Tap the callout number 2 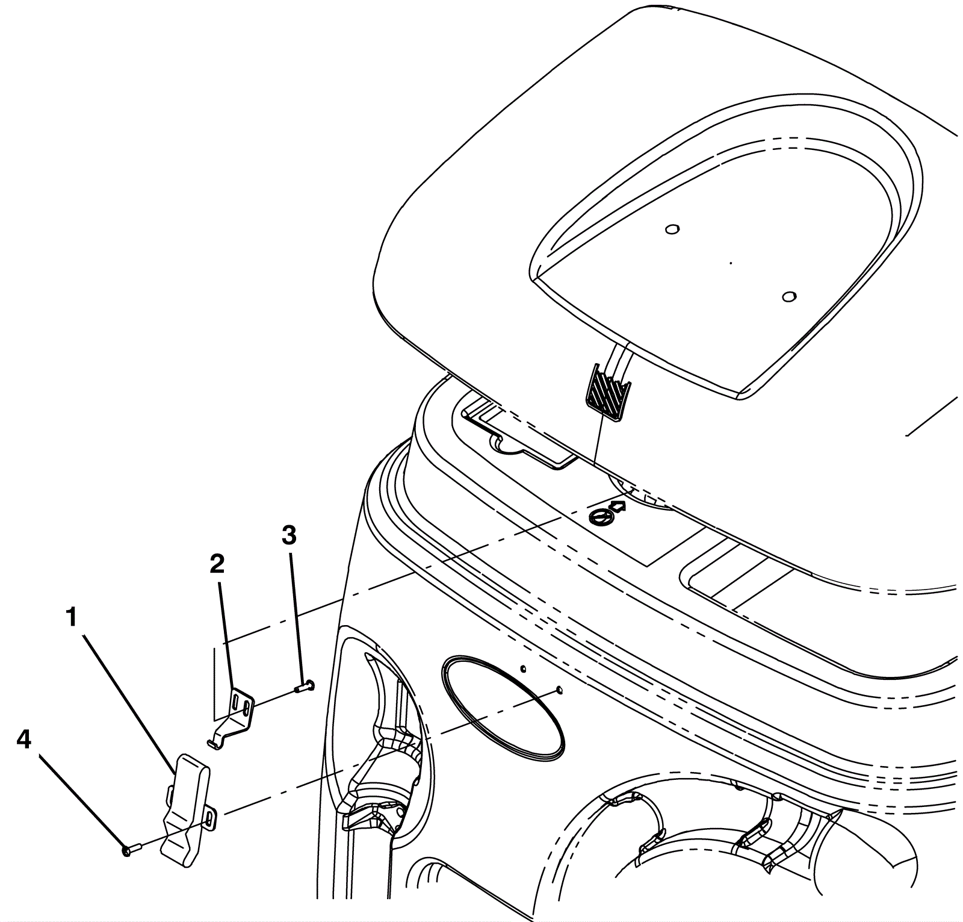click(x=217, y=564)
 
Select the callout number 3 click(x=289, y=535)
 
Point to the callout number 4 click(x=23, y=740)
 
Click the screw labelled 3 click(x=305, y=685)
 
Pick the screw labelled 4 click(x=130, y=850)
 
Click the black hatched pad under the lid click(x=607, y=391)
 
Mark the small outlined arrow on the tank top click(x=618, y=505)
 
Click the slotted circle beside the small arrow click(x=599, y=516)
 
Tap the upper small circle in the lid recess click(x=672, y=229)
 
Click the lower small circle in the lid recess click(x=788, y=296)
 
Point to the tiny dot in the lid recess click(x=730, y=263)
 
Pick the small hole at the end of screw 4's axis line click(x=559, y=690)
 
